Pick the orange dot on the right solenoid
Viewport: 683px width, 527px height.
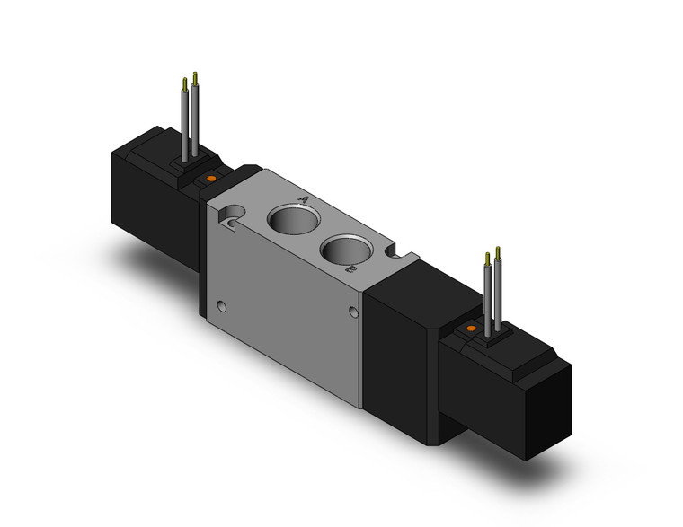(x=470, y=332)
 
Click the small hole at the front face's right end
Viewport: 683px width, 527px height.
(x=352, y=313)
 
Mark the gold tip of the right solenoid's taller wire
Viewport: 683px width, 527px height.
(x=487, y=257)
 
